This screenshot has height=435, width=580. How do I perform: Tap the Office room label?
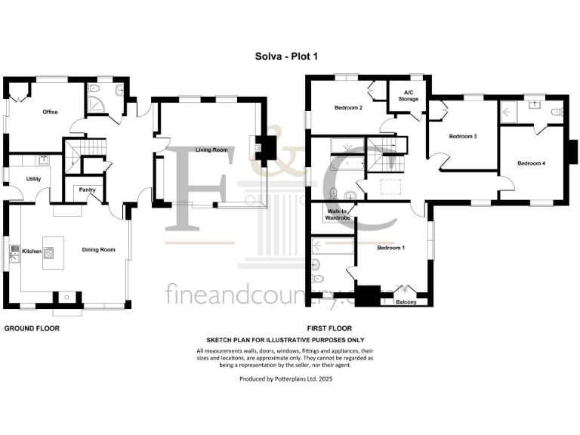pos(50,112)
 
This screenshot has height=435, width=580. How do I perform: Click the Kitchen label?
pos(30,250)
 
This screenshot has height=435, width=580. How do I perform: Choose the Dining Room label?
pos(98,250)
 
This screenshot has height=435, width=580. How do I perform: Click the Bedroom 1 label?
pos(392,248)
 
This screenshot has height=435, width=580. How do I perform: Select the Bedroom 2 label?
pos(349,108)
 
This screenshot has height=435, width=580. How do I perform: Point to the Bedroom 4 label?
pos(531,163)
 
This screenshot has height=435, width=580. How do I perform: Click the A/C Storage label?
pos(409,96)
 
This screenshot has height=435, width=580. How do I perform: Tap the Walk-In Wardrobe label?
pos(337,214)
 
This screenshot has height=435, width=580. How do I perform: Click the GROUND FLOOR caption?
pos(32,329)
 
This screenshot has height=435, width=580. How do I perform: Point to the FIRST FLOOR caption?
pos(329,329)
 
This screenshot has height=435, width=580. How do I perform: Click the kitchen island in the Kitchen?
pos(51,252)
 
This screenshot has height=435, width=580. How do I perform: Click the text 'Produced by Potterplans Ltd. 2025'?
pos(285,379)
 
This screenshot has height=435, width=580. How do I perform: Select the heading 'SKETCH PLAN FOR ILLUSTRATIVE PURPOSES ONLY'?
pos(285,341)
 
